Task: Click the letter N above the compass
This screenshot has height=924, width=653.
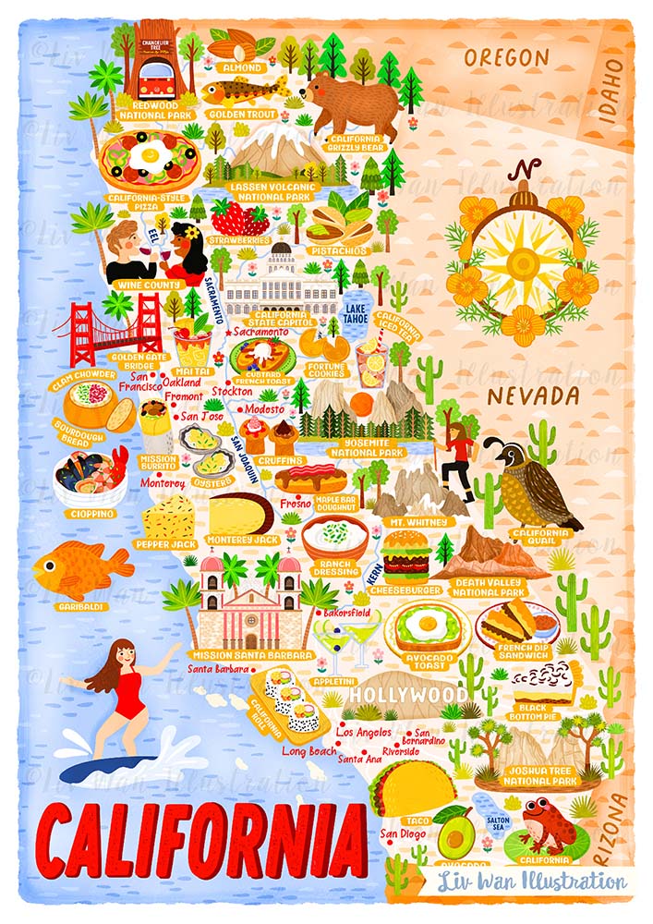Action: pyautogui.click(x=527, y=171)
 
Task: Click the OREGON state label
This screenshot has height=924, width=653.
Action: pyautogui.click(x=506, y=57)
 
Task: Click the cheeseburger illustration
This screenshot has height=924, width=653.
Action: pyautogui.click(x=406, y=553)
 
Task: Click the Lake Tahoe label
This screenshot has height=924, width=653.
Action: pyautogui.click(x=357, y=313)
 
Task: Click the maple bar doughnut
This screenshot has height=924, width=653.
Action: pyautogui.click(x=310, y=479)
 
